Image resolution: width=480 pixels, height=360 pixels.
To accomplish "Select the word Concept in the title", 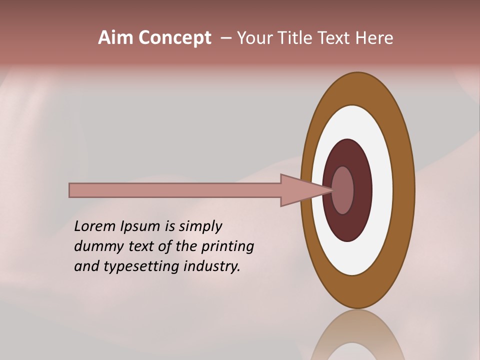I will (x=174, y=38).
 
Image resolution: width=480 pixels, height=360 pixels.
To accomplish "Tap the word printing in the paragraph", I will (x=227, y=247).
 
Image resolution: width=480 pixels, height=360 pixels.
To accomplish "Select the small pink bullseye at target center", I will (x=343, y=190).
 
